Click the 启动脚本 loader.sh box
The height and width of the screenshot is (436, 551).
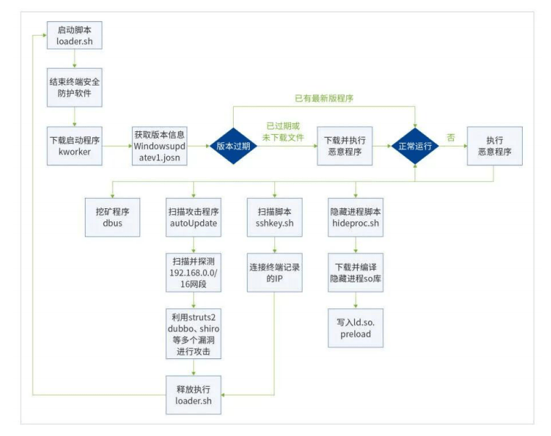click(x=74, y=36)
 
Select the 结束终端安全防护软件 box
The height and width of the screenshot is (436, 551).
click(x=74, y=89)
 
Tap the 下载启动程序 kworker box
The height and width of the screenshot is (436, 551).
click(x=74, y=146)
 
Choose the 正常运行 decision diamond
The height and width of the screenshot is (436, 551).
click(x=415, y=146)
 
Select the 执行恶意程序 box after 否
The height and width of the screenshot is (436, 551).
click(x=494, y=146)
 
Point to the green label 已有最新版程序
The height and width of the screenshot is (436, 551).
click(x=324, y=98)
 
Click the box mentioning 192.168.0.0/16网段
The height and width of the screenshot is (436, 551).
click(x=193, y=271)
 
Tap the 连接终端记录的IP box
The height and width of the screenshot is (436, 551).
click(x=274, y=271)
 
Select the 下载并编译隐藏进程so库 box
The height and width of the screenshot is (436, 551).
click(x=355, y=271)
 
